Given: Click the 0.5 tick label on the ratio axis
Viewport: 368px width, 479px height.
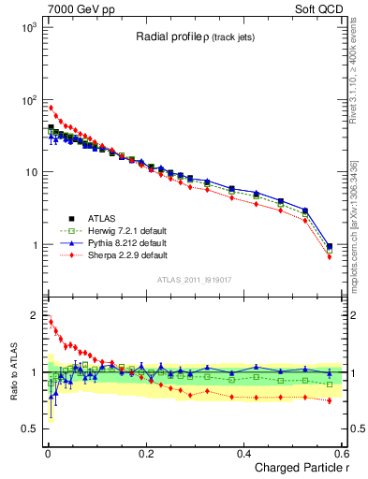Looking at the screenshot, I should pyautogui.click(x=34, y=428).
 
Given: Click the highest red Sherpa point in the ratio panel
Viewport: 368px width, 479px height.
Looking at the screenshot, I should pyautogui.click(x=51, y=322).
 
